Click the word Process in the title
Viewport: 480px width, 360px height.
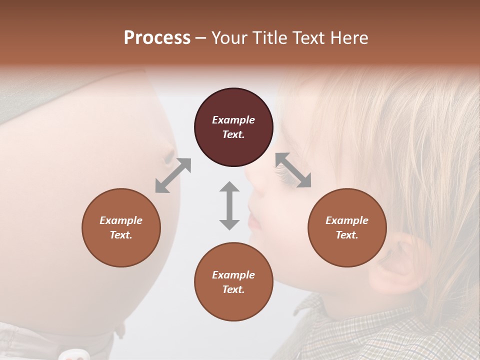157,38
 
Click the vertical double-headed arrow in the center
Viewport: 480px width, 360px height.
229,205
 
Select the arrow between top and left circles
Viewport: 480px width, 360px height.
173,175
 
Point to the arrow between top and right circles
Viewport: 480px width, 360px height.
293,170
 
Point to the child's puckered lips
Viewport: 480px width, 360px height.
253,220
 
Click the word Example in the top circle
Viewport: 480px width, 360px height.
233,120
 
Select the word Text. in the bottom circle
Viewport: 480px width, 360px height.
233,289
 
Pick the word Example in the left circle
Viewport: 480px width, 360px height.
121,220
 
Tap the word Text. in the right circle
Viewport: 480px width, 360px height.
347,235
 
